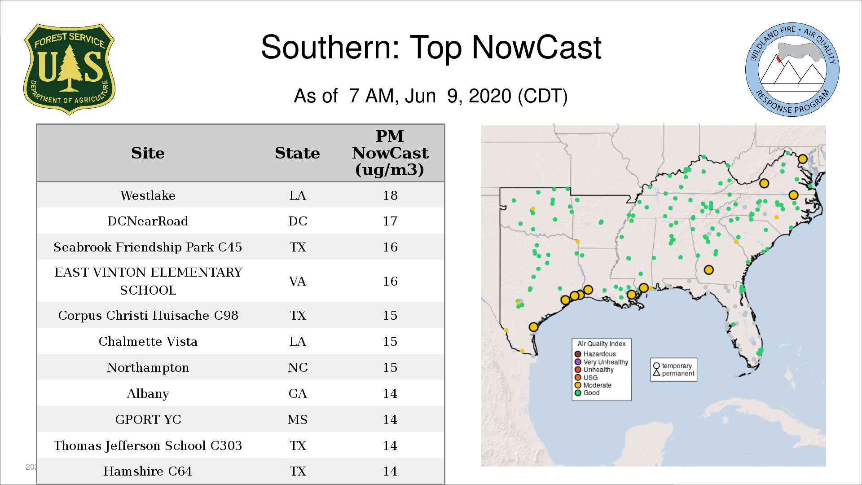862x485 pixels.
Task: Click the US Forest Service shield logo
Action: click(69, 69)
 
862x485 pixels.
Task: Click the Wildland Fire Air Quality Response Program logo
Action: click(792, 70)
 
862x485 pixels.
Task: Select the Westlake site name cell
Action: click(148, 195)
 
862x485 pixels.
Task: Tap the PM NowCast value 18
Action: click(390, 195)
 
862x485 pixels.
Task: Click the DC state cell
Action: click(298, 221)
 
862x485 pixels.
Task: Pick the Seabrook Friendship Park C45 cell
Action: click(148, 247)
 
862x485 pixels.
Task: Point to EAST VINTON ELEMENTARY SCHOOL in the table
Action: click(148, 281)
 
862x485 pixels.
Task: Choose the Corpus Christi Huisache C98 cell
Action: click(148, 315)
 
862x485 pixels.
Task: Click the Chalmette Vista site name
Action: click(148, 341)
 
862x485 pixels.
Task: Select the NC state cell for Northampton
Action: click(298, 367)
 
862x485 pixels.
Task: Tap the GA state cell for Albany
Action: click(298, 393)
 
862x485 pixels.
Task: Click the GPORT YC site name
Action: click(148, 419)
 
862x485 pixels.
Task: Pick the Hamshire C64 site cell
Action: click(148, 471)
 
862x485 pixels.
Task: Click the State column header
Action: click(297, 153)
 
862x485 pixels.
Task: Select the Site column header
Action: click(148, 153)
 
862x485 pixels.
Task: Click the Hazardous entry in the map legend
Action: click(595, 354)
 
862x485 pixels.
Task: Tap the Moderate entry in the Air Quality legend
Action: click(593, 385)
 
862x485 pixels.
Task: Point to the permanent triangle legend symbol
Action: click(656, 373)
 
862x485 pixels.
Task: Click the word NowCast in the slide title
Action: click(537, 47)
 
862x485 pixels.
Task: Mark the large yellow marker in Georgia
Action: click(708, 270)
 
